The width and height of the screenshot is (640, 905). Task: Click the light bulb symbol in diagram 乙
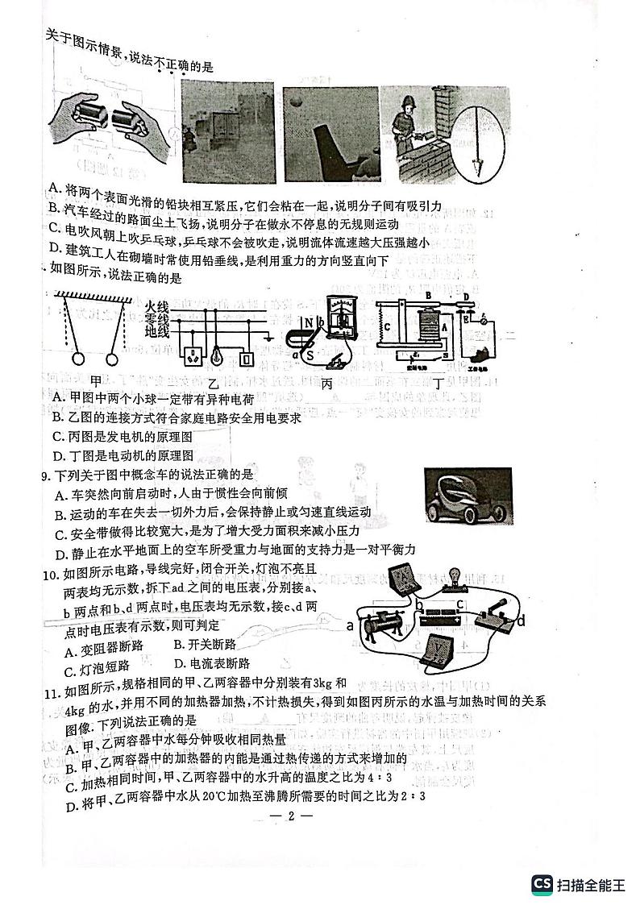(218, 354)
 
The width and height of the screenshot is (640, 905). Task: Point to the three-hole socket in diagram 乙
(193, 355)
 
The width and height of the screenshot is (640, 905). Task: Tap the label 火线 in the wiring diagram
(158, 307)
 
